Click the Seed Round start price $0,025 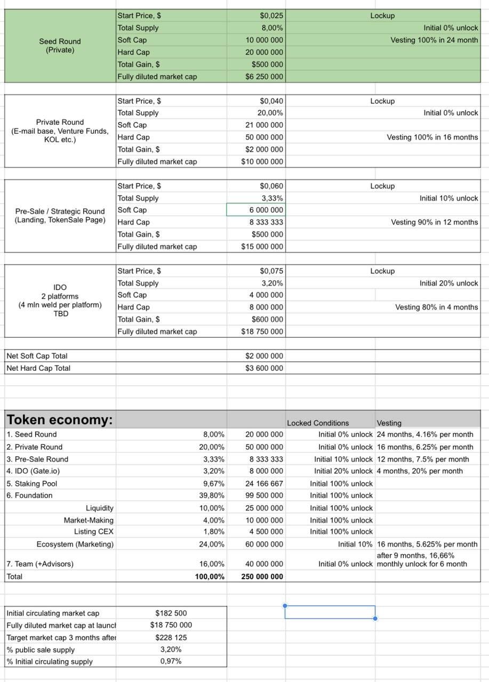(x=271, y=16)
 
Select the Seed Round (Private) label (x=60, y=46)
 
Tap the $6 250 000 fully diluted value (x=264, y=77)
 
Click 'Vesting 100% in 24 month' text (x=434, y=40)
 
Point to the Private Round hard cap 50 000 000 (x=264, y=137)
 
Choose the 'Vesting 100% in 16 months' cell (x=432, y=137)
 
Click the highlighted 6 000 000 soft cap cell (x=256, y=210)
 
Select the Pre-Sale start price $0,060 (x=271, y=186)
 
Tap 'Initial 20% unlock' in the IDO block (x=448, y=283)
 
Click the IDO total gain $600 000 (x=267, y=319)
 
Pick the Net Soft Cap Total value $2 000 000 (x=264, y=356)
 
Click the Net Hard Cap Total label (x=38, y=368)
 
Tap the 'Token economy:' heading (x=60, y=420)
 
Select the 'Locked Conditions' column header (x=318, y=423)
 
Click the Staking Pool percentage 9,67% (x=214, y=484)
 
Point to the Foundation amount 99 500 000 (x=264, y=496)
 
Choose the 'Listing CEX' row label (x=94, y=532)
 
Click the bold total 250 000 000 (x=262, y=577)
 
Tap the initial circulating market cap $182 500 (x=171, y=613)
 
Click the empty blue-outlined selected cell (x=330, y=612)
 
